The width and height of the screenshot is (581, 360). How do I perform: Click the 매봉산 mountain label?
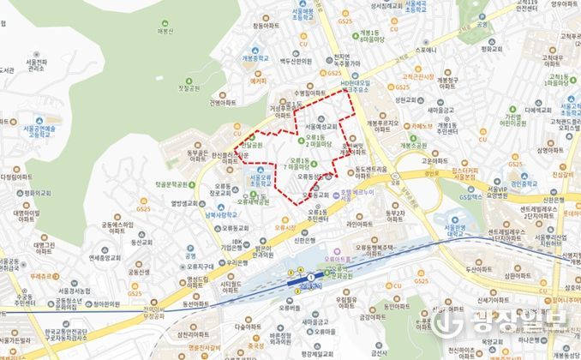178,33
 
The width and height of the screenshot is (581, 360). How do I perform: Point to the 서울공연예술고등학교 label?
39,129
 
